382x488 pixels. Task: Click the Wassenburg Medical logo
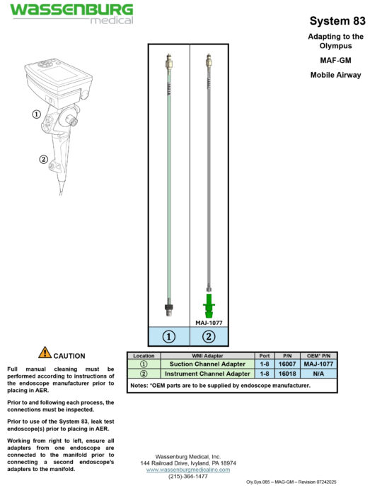71,13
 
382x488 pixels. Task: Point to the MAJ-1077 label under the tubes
209,322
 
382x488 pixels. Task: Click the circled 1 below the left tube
169,337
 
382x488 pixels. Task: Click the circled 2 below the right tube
209,337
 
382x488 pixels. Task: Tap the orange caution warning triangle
45,352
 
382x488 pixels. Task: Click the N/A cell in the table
318,374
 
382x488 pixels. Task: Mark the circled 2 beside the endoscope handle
43,159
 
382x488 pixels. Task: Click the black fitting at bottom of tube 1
169,307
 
